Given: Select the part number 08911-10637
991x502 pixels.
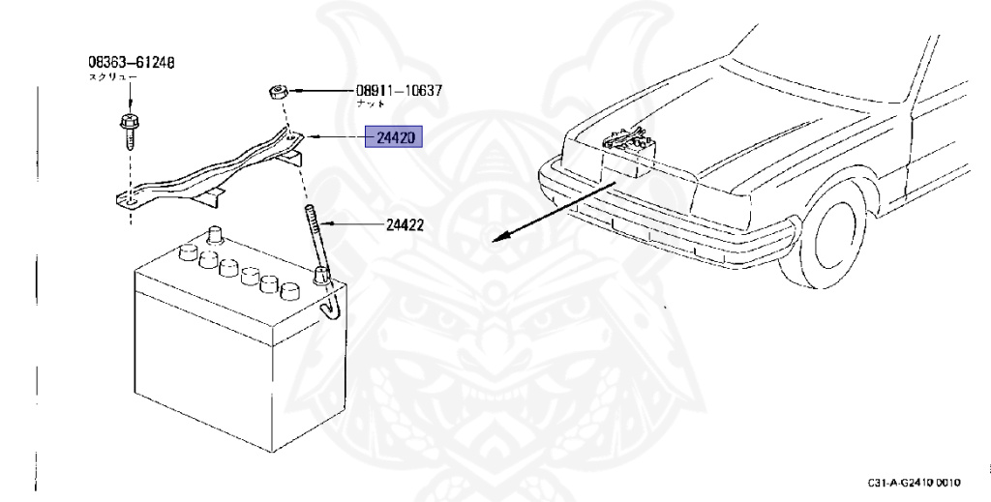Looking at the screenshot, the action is click(x=399, y=91).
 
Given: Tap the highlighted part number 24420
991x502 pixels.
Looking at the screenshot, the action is click(x=393, y=139).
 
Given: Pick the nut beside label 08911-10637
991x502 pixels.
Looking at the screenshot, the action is click(x=278, y=93).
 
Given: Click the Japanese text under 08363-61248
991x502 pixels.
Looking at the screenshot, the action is click(x=113, y=76).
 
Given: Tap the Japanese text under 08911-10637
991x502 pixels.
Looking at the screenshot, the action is click(x=371, y=103).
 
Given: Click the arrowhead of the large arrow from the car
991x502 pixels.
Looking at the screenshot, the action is click(x=498, y=236).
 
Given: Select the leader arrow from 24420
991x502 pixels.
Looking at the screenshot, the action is click(x=334, y=139).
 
